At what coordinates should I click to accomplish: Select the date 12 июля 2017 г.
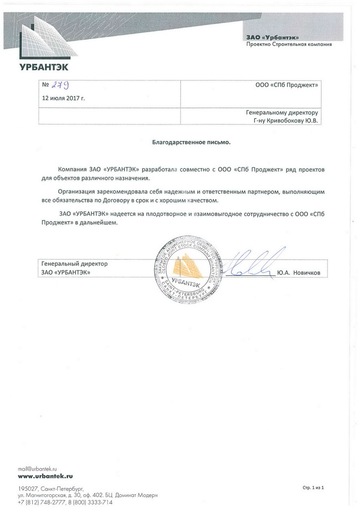[63, 98]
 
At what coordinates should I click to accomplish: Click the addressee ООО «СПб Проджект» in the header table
[288, 85]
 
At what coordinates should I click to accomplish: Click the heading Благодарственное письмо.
[192, 143]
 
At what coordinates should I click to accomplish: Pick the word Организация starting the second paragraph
[79, 191]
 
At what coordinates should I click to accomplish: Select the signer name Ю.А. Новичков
[298, 273]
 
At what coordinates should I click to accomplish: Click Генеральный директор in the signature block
[75, 264]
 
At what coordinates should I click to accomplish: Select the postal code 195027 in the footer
[27, 488]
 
